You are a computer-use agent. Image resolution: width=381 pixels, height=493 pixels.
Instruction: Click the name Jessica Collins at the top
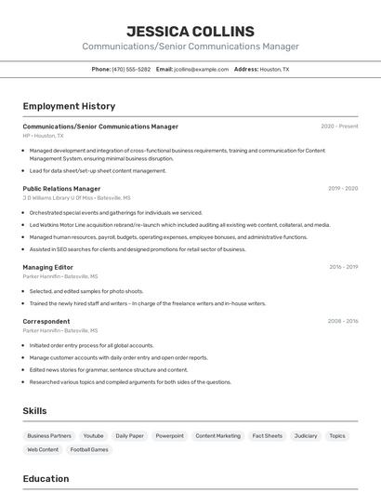[x=190, y=31]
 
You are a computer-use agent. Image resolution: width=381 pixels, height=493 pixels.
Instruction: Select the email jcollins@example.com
[x=202, y=69]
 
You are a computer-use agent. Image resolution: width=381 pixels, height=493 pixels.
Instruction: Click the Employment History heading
[x=69, y=106]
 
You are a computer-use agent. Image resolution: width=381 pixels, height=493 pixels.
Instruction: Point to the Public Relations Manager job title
[x=61, y=188]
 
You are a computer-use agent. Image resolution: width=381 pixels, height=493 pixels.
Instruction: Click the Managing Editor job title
[x=48, y=267]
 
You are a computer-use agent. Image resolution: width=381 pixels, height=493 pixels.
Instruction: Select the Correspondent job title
[x=46, y=321]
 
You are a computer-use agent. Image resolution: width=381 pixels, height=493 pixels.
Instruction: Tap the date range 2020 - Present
[x=339, y=127]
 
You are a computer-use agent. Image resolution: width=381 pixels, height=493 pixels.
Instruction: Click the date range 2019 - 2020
[x=342, y=188]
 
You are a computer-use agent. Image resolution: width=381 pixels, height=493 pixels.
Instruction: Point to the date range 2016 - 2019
[x=343, y=267]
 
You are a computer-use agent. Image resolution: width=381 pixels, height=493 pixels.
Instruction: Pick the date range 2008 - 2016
[x=342, y=321]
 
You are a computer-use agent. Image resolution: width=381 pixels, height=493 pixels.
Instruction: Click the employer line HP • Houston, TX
[x=46, y=136]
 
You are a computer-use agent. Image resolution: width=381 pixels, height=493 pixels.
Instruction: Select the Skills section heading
[x=35, y=410]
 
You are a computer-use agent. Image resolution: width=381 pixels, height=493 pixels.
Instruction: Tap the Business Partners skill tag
[x=49, y=435]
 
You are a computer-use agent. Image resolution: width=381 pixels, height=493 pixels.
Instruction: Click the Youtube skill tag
[x=93, y=435]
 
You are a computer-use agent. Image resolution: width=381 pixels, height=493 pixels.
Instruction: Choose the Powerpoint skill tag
[x=169, y=435]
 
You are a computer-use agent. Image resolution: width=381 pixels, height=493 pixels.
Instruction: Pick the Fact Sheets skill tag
[x=267, y=435]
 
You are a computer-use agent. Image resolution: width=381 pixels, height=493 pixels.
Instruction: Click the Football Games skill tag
[x=89, y=449]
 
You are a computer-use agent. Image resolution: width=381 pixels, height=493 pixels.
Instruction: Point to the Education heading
[x=46, y=479]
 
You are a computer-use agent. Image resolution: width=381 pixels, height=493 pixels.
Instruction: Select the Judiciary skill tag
[x=305, y=435]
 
